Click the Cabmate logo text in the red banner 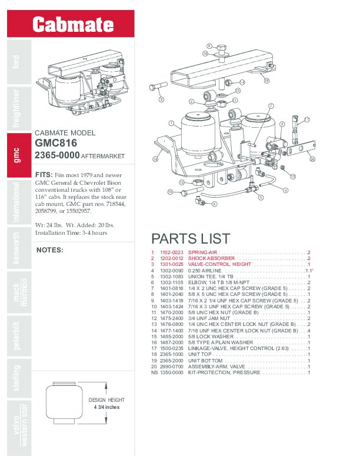coord(72,24)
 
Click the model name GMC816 coord(56,142)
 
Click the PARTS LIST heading coord(191,239)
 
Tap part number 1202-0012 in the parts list coord(172,258)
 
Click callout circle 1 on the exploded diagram coord(170,124)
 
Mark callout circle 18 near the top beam coord(266,80)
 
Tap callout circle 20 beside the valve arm coord(312,159)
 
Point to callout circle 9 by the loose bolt coord(161,100)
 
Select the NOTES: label coord(49,249)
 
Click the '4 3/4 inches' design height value coord(107,407)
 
